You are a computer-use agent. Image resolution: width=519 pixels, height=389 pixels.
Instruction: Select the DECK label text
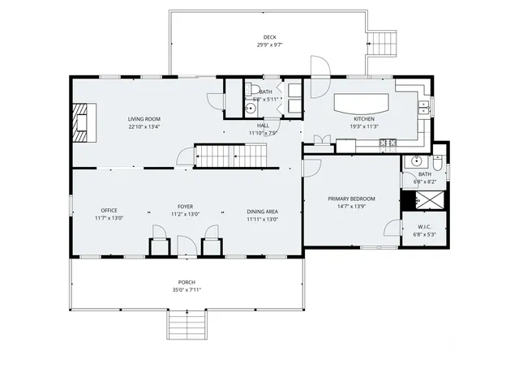(x=269, y=37)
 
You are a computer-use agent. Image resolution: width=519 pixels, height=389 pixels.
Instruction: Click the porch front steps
(x=187, y=327)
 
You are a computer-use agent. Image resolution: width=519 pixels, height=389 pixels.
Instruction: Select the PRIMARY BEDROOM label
(x=351, y=199)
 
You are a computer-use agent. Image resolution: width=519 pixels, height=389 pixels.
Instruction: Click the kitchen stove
(x=388, y=144)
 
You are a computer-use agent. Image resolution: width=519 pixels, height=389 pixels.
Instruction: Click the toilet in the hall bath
(x=253, y=89)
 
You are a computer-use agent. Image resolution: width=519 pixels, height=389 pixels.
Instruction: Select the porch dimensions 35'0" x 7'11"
(x=187, y=289)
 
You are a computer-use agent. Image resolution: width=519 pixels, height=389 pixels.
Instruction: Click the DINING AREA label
(x=263, y=211)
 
